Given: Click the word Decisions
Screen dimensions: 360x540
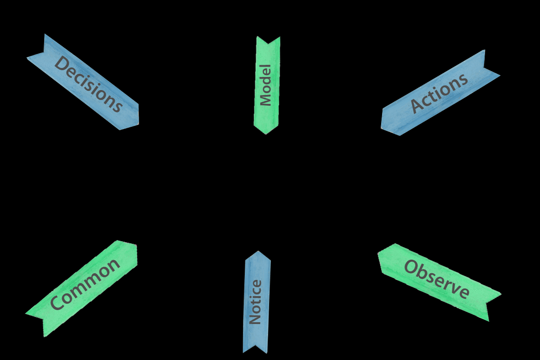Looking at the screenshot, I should [88, 84].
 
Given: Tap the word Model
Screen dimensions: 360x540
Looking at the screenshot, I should [266, 85].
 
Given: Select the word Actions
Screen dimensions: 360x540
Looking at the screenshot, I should [439, 93].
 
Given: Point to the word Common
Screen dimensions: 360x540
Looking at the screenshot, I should [85, 284].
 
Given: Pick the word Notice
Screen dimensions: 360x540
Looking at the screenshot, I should [256, 302].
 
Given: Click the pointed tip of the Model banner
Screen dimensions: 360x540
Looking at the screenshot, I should [265, 134].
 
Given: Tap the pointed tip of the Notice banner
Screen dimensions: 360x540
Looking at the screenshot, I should [258, 251].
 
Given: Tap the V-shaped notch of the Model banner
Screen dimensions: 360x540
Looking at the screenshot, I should [268, 44].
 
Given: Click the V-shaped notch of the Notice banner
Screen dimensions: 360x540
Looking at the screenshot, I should [255, 345].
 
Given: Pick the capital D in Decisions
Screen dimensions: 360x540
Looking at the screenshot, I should [61, 63].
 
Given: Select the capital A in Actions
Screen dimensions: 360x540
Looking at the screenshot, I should [417, 107].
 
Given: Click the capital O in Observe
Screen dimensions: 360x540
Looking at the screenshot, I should [411, 267].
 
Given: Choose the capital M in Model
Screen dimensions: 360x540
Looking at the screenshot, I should [266, 100].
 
